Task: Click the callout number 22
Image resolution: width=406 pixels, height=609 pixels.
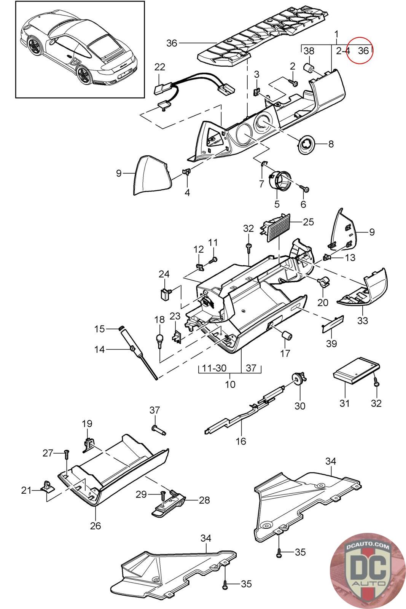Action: (160, 67)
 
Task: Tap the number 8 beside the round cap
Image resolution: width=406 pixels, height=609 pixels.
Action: (331, 144)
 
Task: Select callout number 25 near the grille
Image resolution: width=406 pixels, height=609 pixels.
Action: (309, 222)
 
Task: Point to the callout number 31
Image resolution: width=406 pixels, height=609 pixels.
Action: (344, 403)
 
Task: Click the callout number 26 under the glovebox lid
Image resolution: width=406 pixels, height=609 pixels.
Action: (96, 526)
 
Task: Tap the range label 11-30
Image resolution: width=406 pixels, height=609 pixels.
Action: (214, 368)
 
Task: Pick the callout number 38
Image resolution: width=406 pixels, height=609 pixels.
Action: (309, 51)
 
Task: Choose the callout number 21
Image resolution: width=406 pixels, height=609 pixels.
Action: (26, 490)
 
